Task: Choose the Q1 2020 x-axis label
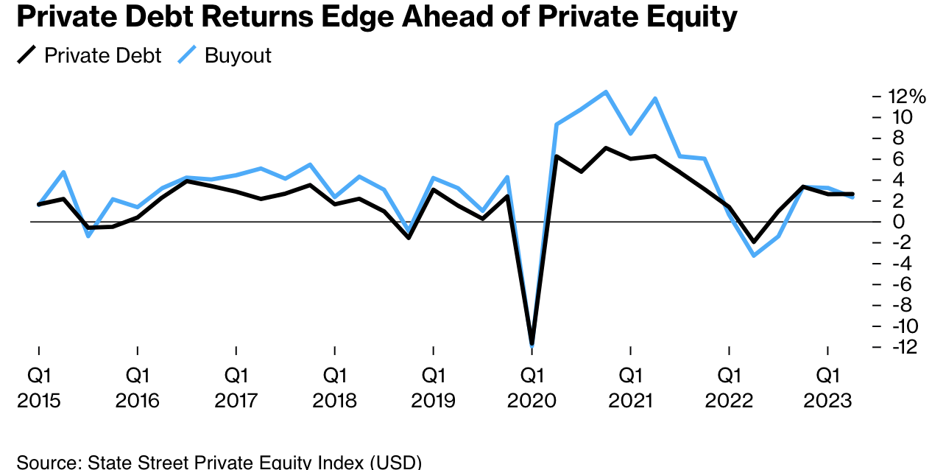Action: click(532, 387)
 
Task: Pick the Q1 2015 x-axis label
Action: click(38, 387)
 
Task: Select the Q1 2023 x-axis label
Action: click(827, 387)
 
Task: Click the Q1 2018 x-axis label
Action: click(334, 387)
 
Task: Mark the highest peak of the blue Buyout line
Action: click(606, 92)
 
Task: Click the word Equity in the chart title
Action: click(690, 17)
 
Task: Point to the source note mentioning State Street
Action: click(219, 463)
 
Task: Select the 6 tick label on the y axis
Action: click(898, 159)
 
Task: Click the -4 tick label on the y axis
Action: click(900, 264)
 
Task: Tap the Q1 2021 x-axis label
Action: click(630, 387)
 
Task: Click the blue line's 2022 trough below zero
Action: click(754, 255)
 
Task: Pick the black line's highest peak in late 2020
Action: click(606, 148)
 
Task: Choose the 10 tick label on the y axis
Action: click(901, 117)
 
